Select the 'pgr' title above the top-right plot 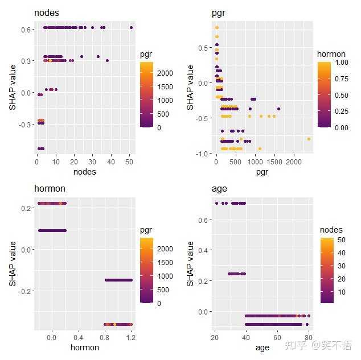(220, 13)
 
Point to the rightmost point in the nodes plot (131, 27)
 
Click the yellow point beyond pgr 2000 (309, 139)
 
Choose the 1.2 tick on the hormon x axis (132, 337)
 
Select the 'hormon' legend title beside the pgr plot (331, 54)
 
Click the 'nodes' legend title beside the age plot (331, 229)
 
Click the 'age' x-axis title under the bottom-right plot (261, 347)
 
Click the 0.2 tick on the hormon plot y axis (26, 208)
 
